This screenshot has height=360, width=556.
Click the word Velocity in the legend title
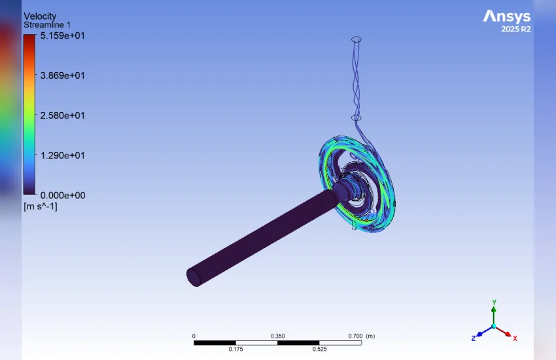tap(40, 16)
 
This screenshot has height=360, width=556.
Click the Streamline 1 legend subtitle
tap(47, 25)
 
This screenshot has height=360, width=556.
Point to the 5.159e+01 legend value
tap(62, 35)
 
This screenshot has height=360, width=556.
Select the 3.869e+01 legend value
tap(62, 75)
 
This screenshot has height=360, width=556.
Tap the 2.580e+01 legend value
tap(62, 115)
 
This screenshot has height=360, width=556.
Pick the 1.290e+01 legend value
tap(62, 155)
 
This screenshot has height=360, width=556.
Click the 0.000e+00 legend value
tap(63, 195)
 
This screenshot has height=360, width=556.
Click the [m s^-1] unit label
tap(41, 206)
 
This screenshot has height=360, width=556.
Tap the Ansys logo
tap(507, 16)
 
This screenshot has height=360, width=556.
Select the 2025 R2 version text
tap(516, 29)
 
